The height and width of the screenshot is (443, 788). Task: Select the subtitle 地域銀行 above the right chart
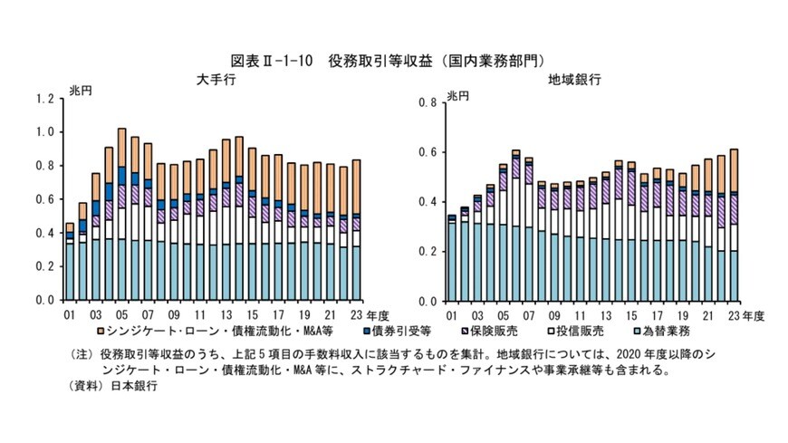[x=567, y=81]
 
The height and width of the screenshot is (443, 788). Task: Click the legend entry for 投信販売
[x=579, y=331]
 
